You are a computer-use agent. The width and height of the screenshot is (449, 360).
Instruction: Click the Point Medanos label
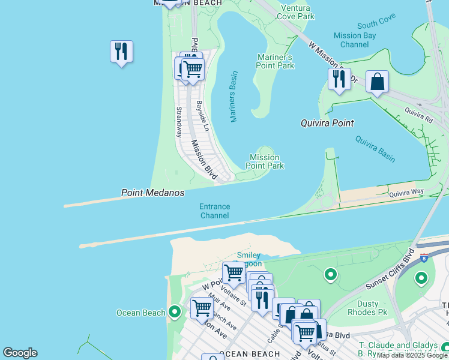pyautogui.click(x=152, y=193)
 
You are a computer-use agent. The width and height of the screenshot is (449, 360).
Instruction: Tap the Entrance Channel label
pyautogui.click(x=215, y=211)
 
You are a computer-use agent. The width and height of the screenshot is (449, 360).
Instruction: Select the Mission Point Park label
pyautogui.click(x=265, y=161)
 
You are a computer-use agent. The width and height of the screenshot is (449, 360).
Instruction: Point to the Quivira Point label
pyautogui.click(x=327, y=123)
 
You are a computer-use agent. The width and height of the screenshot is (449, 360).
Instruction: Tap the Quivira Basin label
pyautogui.click(x=375, y=149)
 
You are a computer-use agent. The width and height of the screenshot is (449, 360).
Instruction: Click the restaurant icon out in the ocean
pyautogui.click(x=121, y=52)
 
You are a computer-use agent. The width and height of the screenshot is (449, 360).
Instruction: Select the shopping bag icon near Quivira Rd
pyautogui.click(x=377, y=82)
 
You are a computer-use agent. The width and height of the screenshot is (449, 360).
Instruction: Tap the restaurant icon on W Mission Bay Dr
pyautogui.click(x=339, y=79)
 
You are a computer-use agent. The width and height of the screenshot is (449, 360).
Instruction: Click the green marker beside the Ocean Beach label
pyautogui.click(x=175, y=312)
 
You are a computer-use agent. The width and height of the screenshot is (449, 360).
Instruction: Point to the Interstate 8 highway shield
pyautogui.click(x=424, y=258)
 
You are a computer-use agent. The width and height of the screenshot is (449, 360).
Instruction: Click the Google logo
pyautogui.click(x=20, y=353)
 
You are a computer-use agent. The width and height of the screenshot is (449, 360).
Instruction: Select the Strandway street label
pyautogui.click(x=178, y=122)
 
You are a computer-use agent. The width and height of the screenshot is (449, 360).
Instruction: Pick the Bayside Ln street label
pyautogui.click(x=202, y=116)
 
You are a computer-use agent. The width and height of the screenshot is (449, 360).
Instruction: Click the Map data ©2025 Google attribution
pyautogui.click(x=412, y=355)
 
